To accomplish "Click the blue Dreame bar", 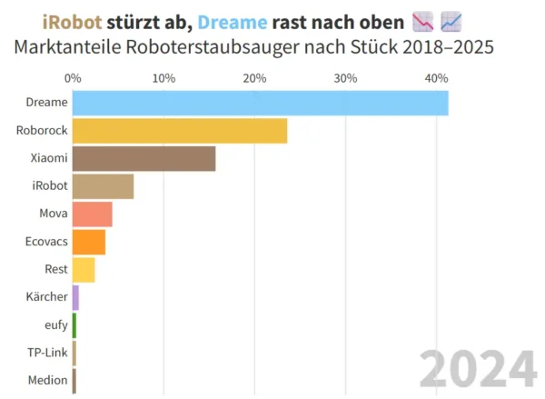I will pyautogui.click(x=260, y=104).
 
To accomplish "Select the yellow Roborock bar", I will pyautogui.click(x=180, y=131).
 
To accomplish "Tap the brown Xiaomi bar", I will pyautogui.click(x=144, y=159).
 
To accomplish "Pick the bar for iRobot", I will pyautogui.click(x=103, y=186).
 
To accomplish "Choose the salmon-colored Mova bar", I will pyautogui.click(x=92, y=214).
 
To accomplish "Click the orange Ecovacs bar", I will pyautogui.click(x=88, y=243).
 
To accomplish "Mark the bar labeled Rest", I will pyautogui.click(x=84, y=270).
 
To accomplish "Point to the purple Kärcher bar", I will pyautogui.click(x=76, y=297).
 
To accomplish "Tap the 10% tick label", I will pyautogui.click(x=163, y=78).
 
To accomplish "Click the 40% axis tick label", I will pyautogui.click(x=436, y=78).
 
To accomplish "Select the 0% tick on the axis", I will pyautogui.click(x=73, y=78).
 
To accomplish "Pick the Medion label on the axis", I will pyautogui.click(x=47, y=381).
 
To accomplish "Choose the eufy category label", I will pyautogui.click(x=54, y=325).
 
